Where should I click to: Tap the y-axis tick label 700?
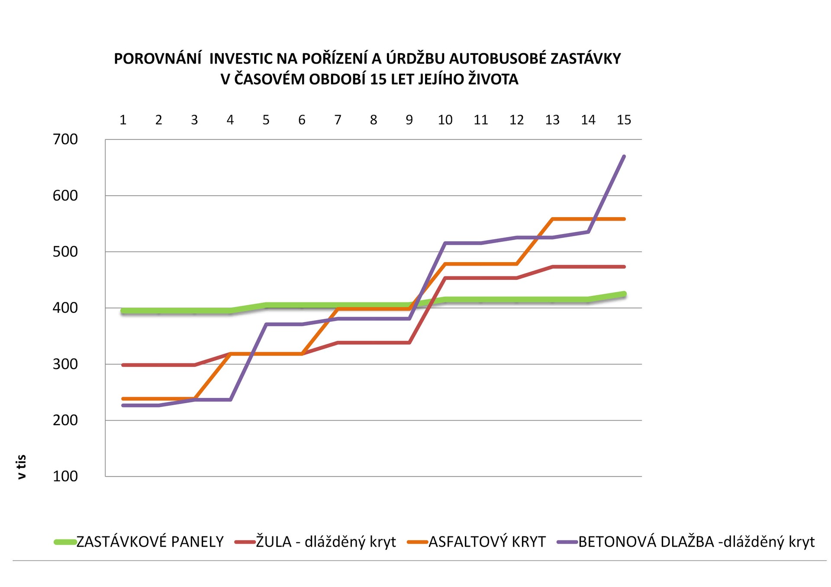65,139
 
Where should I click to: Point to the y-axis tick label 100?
65,476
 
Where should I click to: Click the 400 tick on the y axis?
65,308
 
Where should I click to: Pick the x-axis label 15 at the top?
624,120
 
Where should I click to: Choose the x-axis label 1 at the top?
123,120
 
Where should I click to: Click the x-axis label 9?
409,120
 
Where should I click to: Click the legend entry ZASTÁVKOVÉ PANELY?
150,542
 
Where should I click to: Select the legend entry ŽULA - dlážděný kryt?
325,542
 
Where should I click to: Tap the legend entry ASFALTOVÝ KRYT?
487,542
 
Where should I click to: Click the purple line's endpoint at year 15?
624,156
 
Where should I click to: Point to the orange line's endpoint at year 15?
624,219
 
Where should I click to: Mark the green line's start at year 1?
123,311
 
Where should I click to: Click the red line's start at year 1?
123,365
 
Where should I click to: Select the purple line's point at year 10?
445,243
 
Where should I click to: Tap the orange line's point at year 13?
553,219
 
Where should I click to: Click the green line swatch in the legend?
65,542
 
